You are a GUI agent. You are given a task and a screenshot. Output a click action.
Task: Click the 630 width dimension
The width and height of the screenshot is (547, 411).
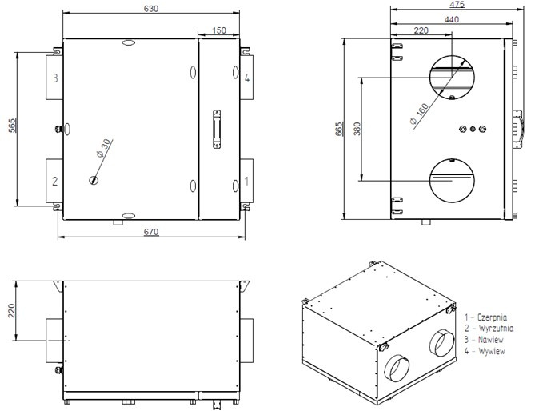tap(151, 8)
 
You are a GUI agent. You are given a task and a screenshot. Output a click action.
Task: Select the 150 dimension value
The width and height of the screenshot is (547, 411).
tap(219, 30)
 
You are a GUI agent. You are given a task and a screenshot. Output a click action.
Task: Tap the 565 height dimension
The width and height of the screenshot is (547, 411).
tap(12, 126)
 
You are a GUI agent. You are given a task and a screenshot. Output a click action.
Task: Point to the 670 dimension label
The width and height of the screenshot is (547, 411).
tap(151, 232)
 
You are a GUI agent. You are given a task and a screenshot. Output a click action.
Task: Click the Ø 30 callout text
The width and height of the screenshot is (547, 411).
tap(104, 148)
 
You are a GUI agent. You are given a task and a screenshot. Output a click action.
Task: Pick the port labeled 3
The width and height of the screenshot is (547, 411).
tap(54, 78)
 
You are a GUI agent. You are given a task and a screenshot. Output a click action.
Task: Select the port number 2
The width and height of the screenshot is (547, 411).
tap(54, 181)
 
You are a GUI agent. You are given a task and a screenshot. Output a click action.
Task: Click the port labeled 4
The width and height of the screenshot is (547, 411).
tap(247, 78)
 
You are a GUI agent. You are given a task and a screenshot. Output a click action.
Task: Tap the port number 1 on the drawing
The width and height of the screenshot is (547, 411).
tap(246, 181)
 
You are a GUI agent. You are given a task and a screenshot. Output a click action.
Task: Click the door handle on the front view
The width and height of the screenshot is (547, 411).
tap(217, 129)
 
